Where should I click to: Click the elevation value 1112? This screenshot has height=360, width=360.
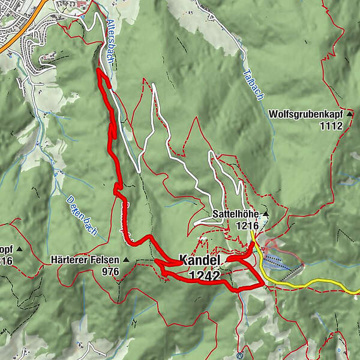331,125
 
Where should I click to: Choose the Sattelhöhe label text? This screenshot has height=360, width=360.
235,214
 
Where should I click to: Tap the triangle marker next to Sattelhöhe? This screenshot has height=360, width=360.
265,214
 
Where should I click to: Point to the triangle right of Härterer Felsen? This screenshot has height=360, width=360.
126,260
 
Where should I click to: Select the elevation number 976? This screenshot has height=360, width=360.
111,272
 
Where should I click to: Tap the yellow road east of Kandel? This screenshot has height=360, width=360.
318,283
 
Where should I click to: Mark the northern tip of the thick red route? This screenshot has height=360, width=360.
97,70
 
